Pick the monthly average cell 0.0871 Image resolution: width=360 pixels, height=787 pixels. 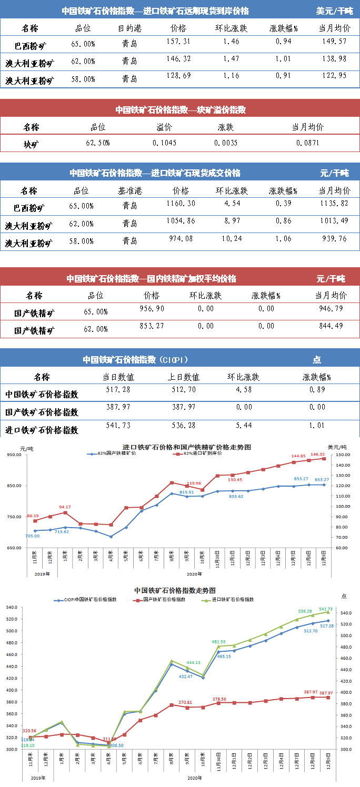(x=307, y=143)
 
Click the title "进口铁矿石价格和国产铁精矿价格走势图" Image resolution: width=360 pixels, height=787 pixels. (x=186, y=447)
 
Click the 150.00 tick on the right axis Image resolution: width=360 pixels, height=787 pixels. (x=343, y=455)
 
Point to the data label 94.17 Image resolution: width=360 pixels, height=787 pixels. (x=65, y=507)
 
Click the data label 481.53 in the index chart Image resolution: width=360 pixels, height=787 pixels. (x=218, y=642)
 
